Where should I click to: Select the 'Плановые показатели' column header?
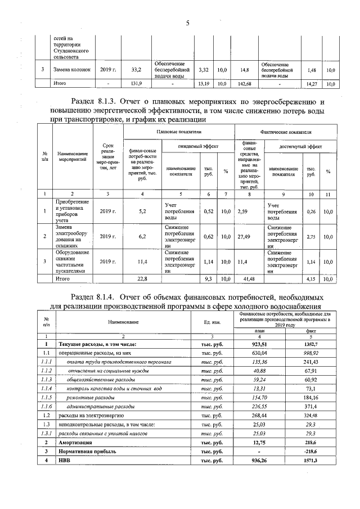pyautogui.click(x=178, y=131)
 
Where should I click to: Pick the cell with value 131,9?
pyautogui.click(x=136, y=83)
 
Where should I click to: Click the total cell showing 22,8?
pyautogui.click(x=142, y=278)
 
